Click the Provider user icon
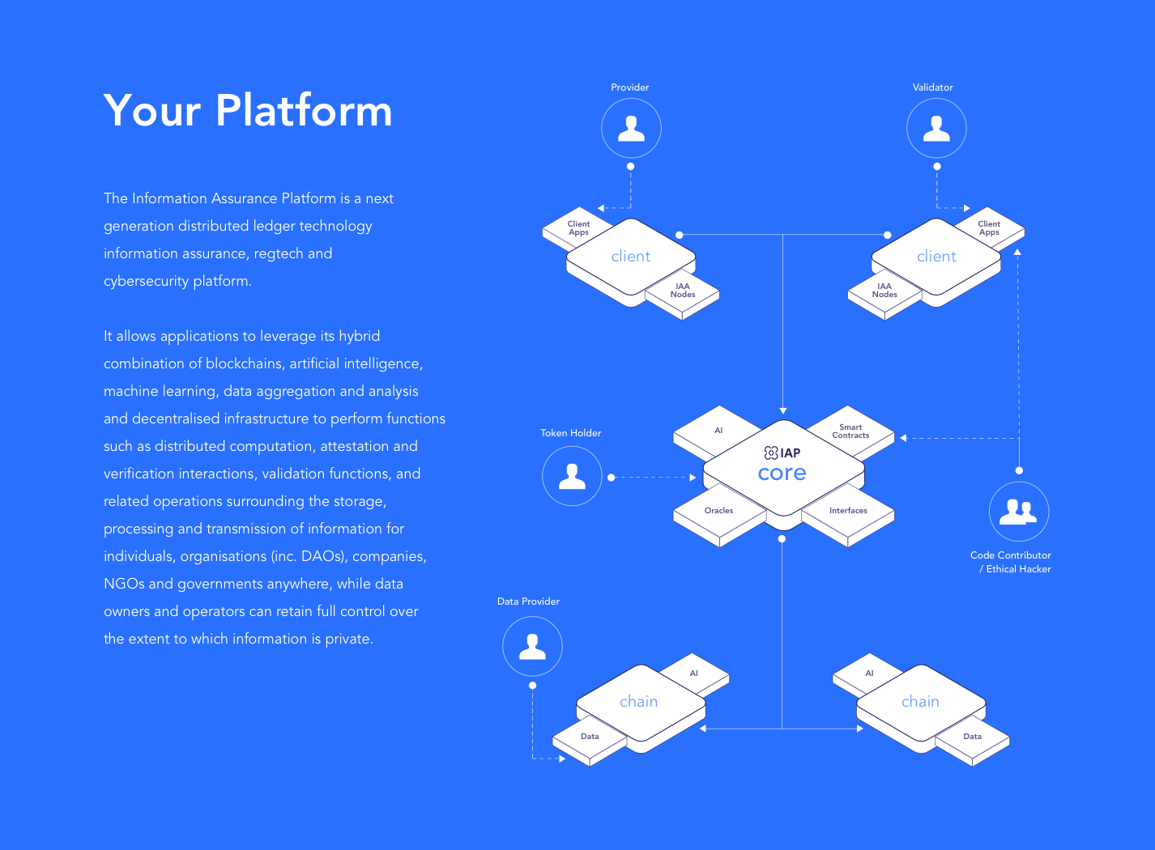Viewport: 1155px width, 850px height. point(631,129)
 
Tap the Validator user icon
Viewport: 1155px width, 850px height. point(936,129)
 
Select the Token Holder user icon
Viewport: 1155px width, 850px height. point(572,476)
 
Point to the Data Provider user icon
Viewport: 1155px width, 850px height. point(532,646)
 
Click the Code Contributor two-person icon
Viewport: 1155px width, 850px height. point(1018,512)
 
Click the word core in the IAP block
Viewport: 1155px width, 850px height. point(782,474)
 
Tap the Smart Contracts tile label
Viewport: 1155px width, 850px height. point(850,431)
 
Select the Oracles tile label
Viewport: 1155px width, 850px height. point(718,510)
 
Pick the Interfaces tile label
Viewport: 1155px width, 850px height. point(848,510)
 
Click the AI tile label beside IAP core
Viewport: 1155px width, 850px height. point(718,431)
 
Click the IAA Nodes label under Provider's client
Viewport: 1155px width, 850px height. point(683,290)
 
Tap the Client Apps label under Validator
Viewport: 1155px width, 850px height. point(988,227)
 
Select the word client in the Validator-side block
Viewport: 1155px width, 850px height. point(936,256)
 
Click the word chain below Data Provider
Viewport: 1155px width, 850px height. point(638,702)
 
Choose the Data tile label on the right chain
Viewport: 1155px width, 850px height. point(972,736)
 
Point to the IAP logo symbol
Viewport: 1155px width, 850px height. point(771,453)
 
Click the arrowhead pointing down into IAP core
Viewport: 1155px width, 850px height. point(782,410)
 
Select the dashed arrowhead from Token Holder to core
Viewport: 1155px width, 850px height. point(693,478)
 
